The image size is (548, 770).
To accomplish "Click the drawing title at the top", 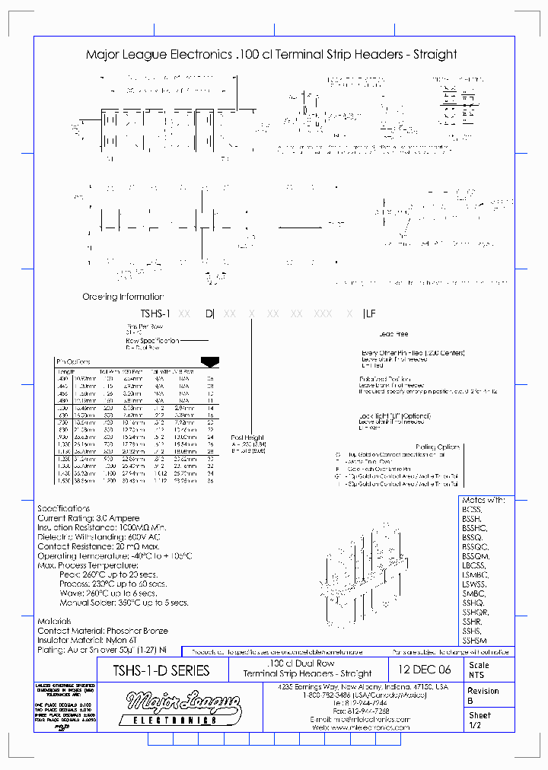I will (x=271, y=55).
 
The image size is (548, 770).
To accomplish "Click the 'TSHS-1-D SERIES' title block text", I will (x=161, y=670).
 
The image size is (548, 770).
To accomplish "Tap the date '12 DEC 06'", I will (x=425, y=670).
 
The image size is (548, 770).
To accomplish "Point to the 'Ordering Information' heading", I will (x=123, y=297).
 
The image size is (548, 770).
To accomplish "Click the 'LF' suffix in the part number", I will (x=370, y=313).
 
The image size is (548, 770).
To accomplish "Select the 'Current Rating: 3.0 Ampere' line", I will (x=88, y=518).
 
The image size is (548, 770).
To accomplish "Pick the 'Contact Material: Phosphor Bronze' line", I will (x=103, y=631).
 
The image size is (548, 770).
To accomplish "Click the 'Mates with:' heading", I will (x=483, y=500).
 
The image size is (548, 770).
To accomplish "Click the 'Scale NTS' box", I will (x=488, y=670).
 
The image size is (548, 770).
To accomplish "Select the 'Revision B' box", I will (x=488, y=695).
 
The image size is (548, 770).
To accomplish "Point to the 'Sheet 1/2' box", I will (x=488, y=721).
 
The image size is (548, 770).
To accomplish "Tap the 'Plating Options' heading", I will (x=438, y=447).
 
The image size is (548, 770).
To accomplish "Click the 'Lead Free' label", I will (x=393, y=334).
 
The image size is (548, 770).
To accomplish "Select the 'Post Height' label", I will (x=247, y=437).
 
